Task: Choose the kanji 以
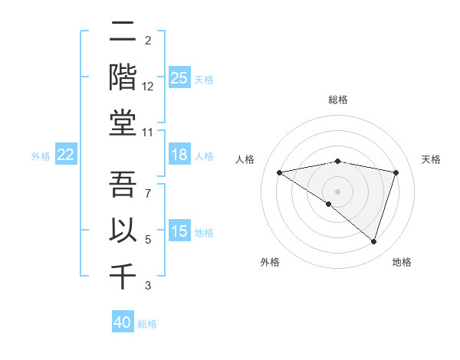pyautogui.click(x=123, y=229)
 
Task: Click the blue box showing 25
pyautogui.click(x=179, y=77)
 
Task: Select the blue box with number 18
pyautogui.click(x=179, y=155)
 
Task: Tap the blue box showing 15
pyautogui.click(x=179, y=231)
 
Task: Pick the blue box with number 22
pyautogui.click(x=65, y=155)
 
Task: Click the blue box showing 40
pyautogui.click(x=123, y=322)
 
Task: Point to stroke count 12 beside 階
pyautogui.click(x=149, y=87)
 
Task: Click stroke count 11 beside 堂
pyautogui.click(x=149, y=133)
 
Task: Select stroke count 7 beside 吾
pyautogui.click(x=148, y=194)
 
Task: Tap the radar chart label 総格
pyautogui.click(x=338, y=100)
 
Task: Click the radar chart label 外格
pyautogui.click(x=270, y=262)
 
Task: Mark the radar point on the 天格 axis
pyautogui.click(x=396, y=172)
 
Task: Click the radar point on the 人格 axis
pyautogui.click(x=279, y=172)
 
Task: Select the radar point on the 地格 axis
pyautogui.click(x=374, y=241)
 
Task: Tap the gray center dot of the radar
pyautogui.click(x=337, y=191)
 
